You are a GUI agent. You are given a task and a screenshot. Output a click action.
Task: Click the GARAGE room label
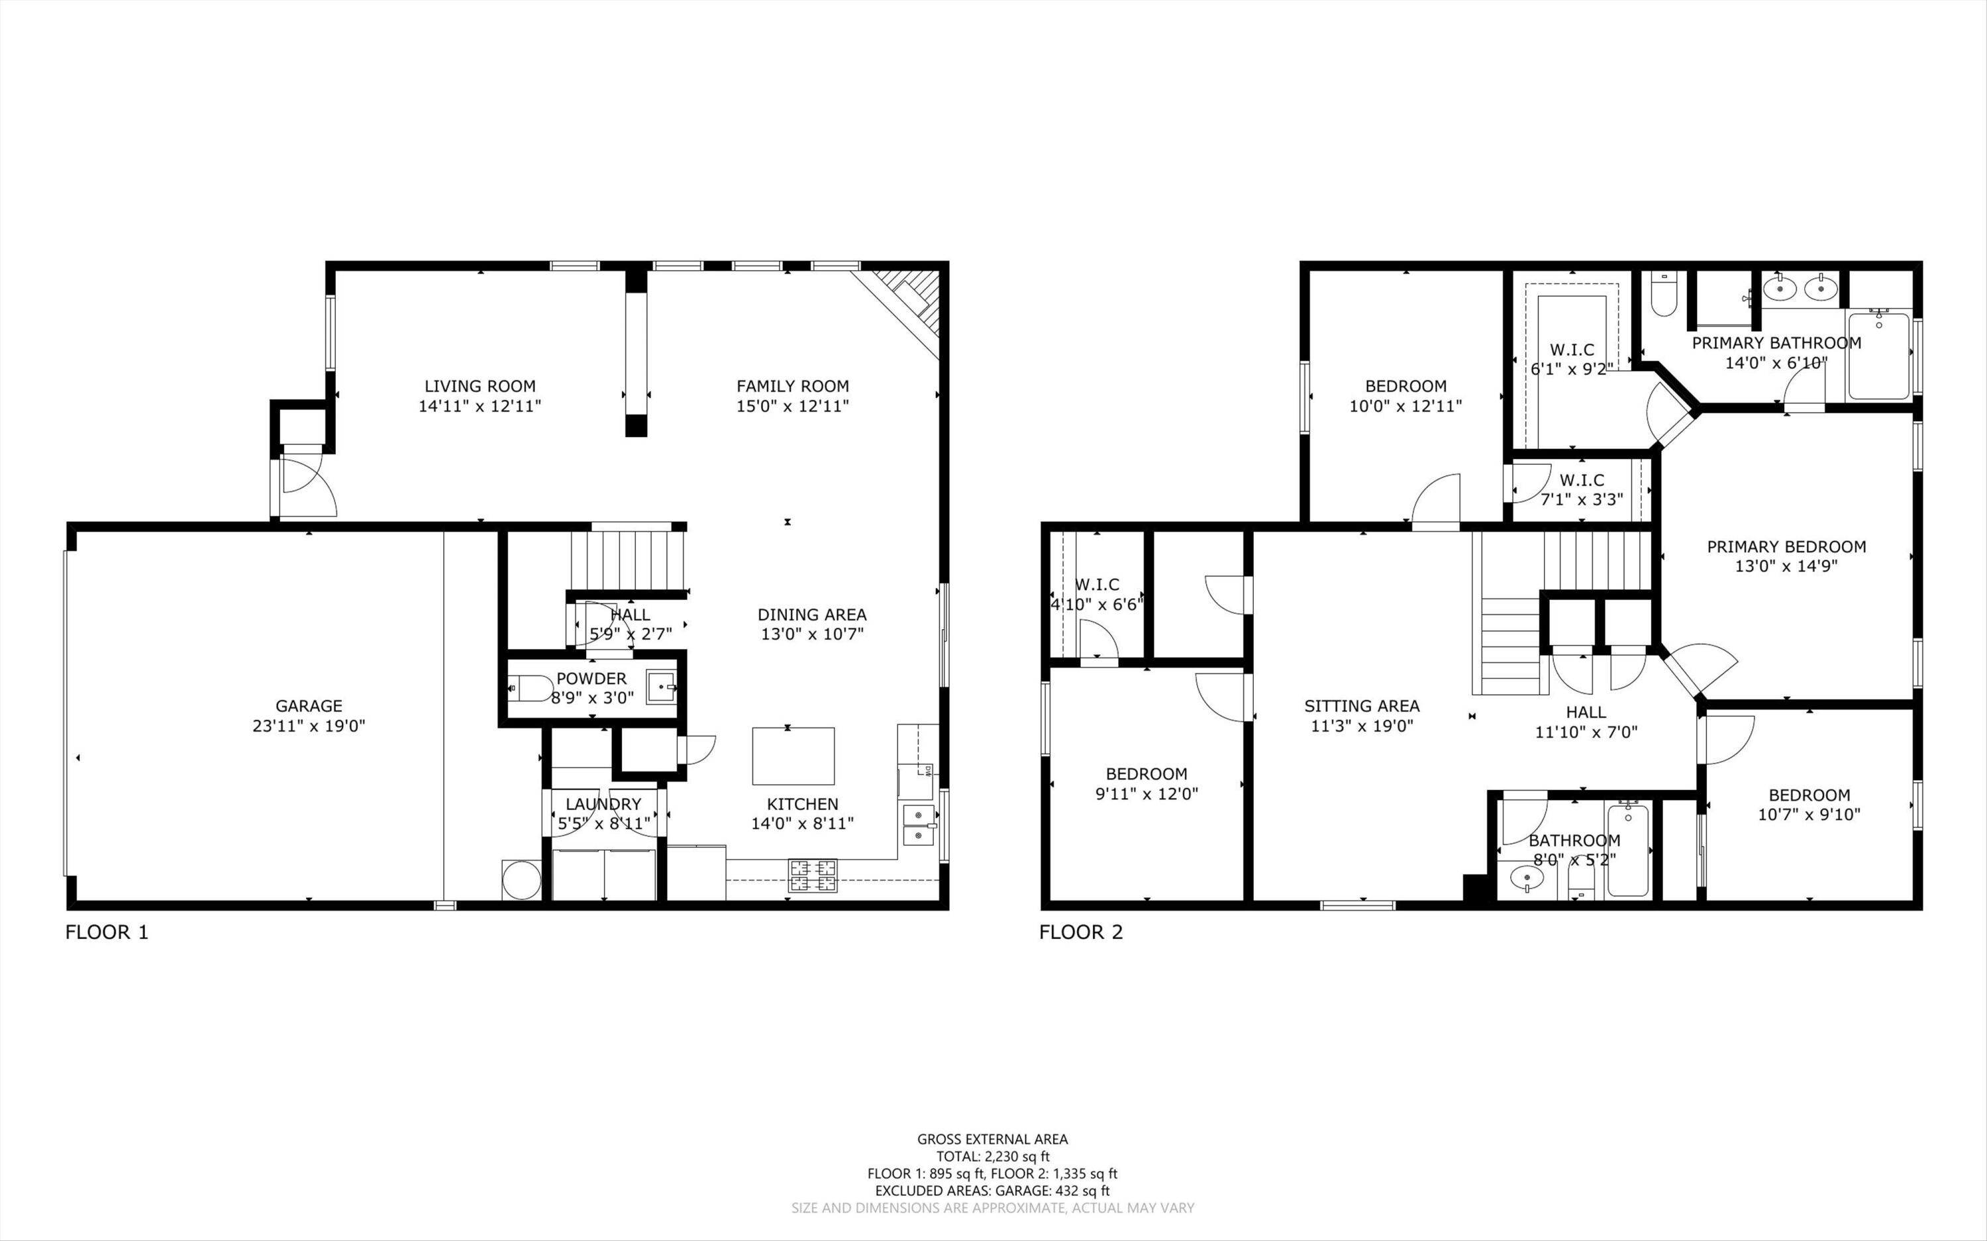(309, 706)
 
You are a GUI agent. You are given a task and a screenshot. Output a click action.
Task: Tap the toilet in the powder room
(530, 688)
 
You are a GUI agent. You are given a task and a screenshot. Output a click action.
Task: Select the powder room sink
(661, 687)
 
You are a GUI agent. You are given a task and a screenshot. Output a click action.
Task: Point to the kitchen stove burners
(813, 875)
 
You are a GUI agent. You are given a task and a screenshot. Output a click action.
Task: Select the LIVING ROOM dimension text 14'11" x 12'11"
(480, 405)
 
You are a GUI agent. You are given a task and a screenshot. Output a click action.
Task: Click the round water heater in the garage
(521, 880)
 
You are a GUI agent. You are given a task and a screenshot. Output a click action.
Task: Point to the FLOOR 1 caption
(107, 932)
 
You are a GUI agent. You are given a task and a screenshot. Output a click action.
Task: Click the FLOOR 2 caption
(1081, 932)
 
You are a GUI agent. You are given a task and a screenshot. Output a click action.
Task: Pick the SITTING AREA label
(1362, 706)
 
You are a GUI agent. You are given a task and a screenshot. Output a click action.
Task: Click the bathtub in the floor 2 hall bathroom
(1628, 850)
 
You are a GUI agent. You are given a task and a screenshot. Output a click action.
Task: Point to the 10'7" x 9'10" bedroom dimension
(1808, 815)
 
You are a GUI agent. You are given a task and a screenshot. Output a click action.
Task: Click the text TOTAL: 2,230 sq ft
(992, 1156)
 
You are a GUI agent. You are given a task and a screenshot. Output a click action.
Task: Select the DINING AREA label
(812, 615)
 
